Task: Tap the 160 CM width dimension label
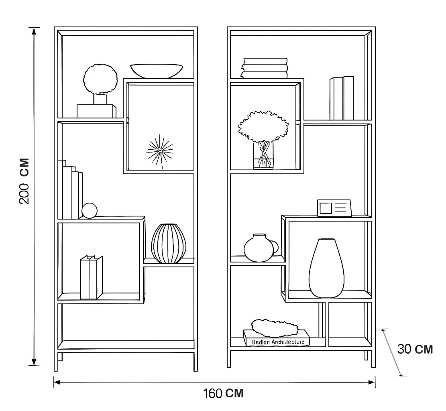(223, 393)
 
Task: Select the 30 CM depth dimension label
(415, 349)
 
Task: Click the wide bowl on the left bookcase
(156, 71)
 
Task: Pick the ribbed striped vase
(169, 243)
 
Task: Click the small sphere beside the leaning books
(90, 211)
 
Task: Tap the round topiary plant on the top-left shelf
(100, 79)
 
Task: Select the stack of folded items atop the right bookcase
(265, 68)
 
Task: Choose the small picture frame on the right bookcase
(334, 208)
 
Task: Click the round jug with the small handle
(259, 248)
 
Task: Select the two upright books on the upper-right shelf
(342, 98)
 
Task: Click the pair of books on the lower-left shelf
(91, 277)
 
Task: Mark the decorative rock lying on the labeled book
(275, 328)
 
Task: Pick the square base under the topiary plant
(96, 110)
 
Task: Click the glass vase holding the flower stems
(263, 156)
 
